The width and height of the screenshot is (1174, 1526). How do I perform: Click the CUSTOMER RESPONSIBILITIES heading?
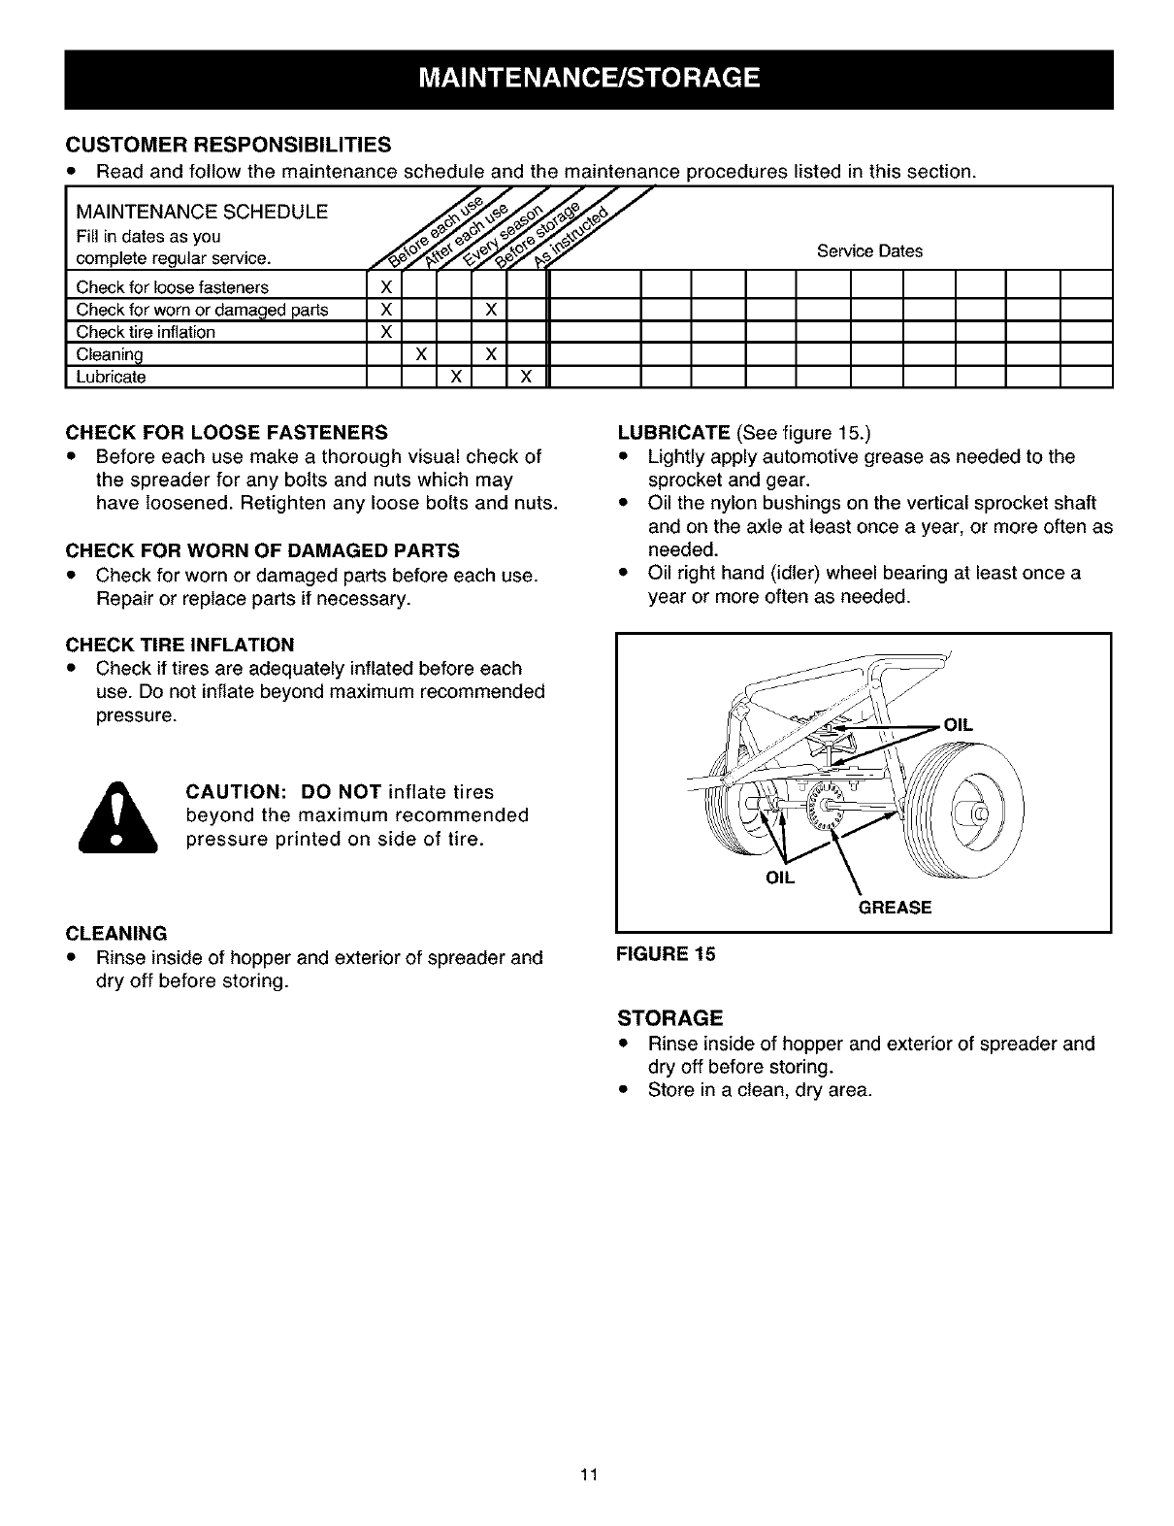[x=228, y=146]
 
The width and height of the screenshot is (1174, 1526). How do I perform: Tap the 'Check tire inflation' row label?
[x=146, y=332]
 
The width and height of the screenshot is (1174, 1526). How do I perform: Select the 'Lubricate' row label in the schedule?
[x=112, y=377]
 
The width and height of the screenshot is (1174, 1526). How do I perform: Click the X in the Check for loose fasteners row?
[x=384, y=287]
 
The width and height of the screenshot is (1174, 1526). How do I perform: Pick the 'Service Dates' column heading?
[x=869, y=251]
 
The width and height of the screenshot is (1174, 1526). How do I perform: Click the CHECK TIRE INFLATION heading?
[x=179, y=645]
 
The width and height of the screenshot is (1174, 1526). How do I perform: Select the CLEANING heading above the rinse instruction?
[x=116, y=934]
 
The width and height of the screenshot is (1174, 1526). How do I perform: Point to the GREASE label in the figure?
[x=895, y=908]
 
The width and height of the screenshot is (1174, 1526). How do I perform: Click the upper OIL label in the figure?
[x=958, y=725]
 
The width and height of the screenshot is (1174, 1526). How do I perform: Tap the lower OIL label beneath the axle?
[x=781, y=878]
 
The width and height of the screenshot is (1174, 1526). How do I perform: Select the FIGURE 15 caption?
[x=666, y=954]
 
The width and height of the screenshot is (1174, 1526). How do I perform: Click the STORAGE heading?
[x=670, y=1018]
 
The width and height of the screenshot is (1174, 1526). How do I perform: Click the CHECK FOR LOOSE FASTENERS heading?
[x=226, y=432]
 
